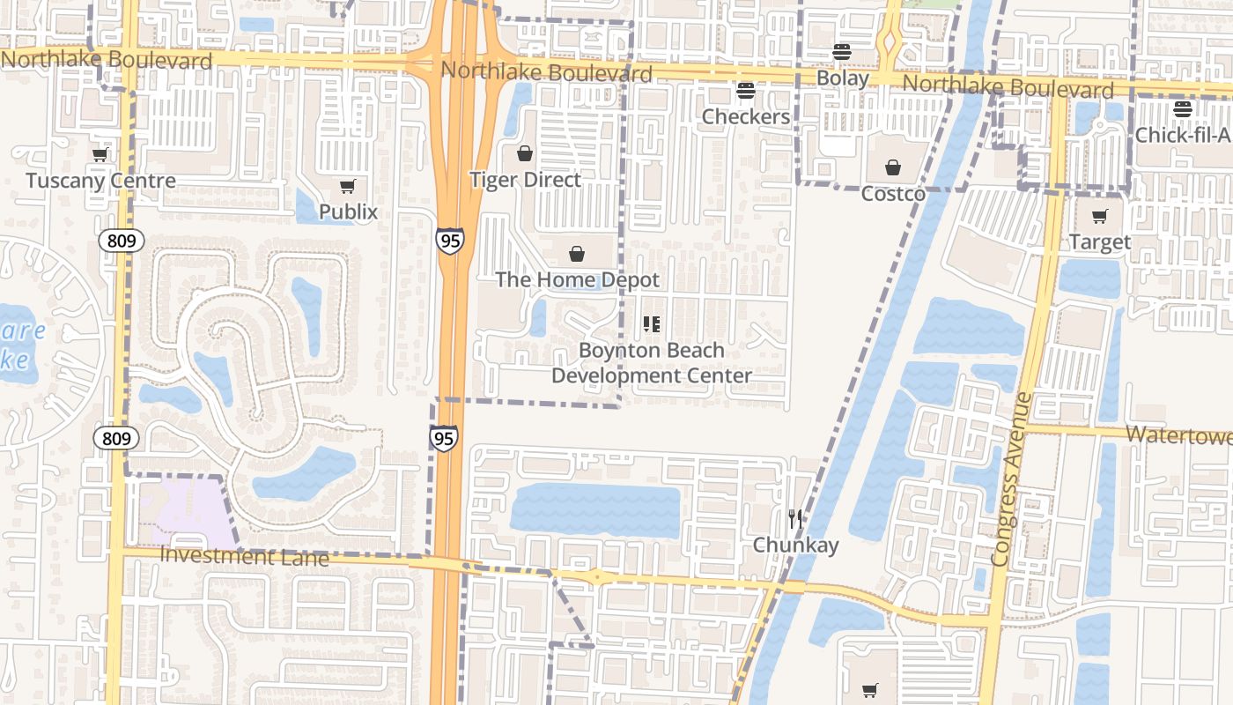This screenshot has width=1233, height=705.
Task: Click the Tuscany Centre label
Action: pos(100,181)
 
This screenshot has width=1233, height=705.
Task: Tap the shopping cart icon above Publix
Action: pos(348,186)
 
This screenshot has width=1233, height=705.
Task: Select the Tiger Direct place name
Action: pos(525,180)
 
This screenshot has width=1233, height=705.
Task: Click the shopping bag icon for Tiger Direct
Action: pos(525,154)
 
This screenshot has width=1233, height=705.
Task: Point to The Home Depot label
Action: pos(577,280)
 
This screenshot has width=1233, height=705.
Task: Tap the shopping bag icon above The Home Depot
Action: pos(577,255)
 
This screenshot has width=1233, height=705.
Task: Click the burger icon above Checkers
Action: pos(746,91)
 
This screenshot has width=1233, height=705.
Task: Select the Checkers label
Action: pos(746,116)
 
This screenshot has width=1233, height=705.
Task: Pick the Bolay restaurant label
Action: pos(843,78)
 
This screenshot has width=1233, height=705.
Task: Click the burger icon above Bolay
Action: pos(842,52)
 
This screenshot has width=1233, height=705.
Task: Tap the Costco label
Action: pos(893,194)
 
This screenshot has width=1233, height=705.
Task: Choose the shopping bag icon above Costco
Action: pos(893,167)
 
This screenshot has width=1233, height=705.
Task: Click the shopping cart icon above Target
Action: pos(1100,216)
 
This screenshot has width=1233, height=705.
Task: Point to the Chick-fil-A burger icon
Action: pos(1182,109)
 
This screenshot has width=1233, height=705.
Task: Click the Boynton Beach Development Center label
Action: pos(652,363)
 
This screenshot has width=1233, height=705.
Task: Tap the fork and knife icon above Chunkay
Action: pos(795,519)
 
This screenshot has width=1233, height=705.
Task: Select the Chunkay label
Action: pos(795,545)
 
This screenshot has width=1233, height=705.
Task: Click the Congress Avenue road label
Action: pos(1010,480)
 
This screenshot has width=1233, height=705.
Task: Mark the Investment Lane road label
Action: pos(245,557)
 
